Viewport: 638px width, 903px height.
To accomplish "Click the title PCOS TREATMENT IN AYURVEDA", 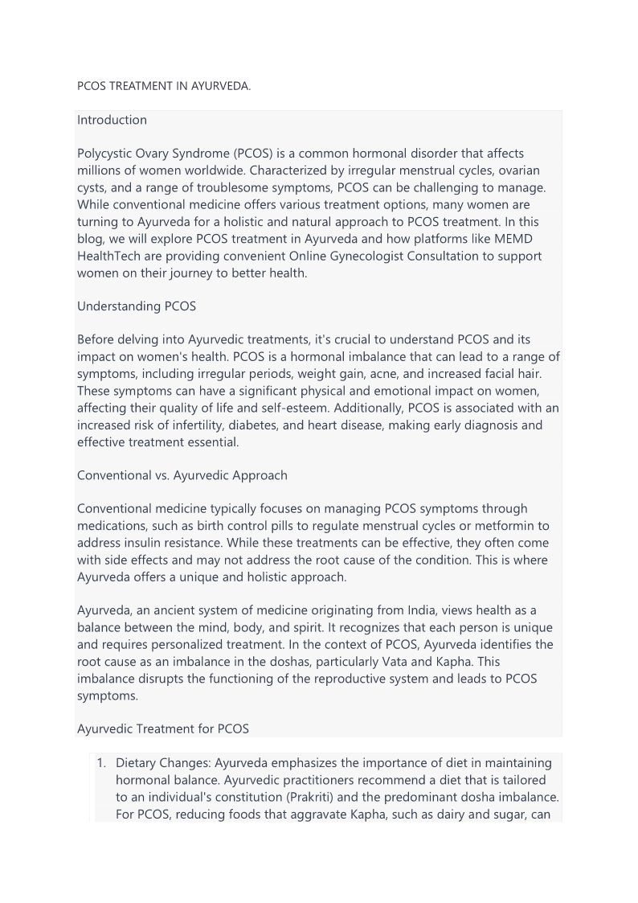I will [164, 85].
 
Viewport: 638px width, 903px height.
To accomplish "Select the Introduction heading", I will [112, 120].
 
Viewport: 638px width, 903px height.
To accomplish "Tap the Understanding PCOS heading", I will [136, 306].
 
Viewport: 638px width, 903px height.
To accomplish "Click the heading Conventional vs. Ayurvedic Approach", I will [182, 474].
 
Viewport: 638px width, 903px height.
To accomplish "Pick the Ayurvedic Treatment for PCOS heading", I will [162, 729].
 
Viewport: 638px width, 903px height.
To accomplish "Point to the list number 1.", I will [101, 762].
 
